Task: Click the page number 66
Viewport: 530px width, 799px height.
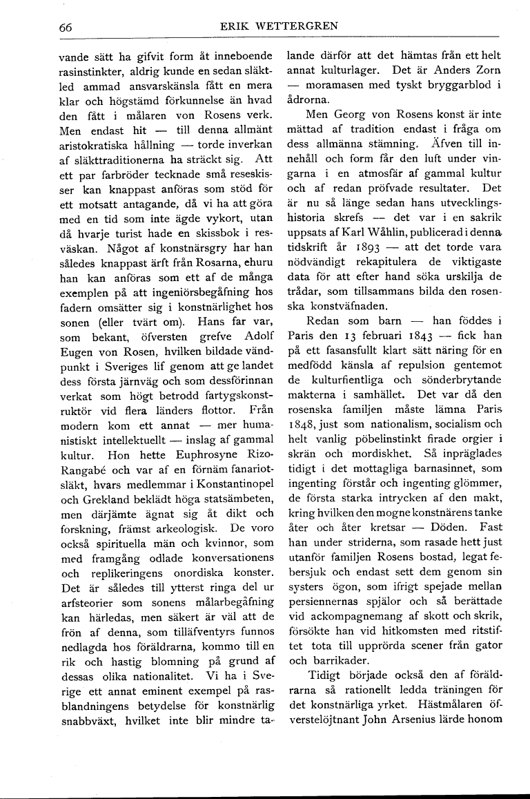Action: pos(66,27)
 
